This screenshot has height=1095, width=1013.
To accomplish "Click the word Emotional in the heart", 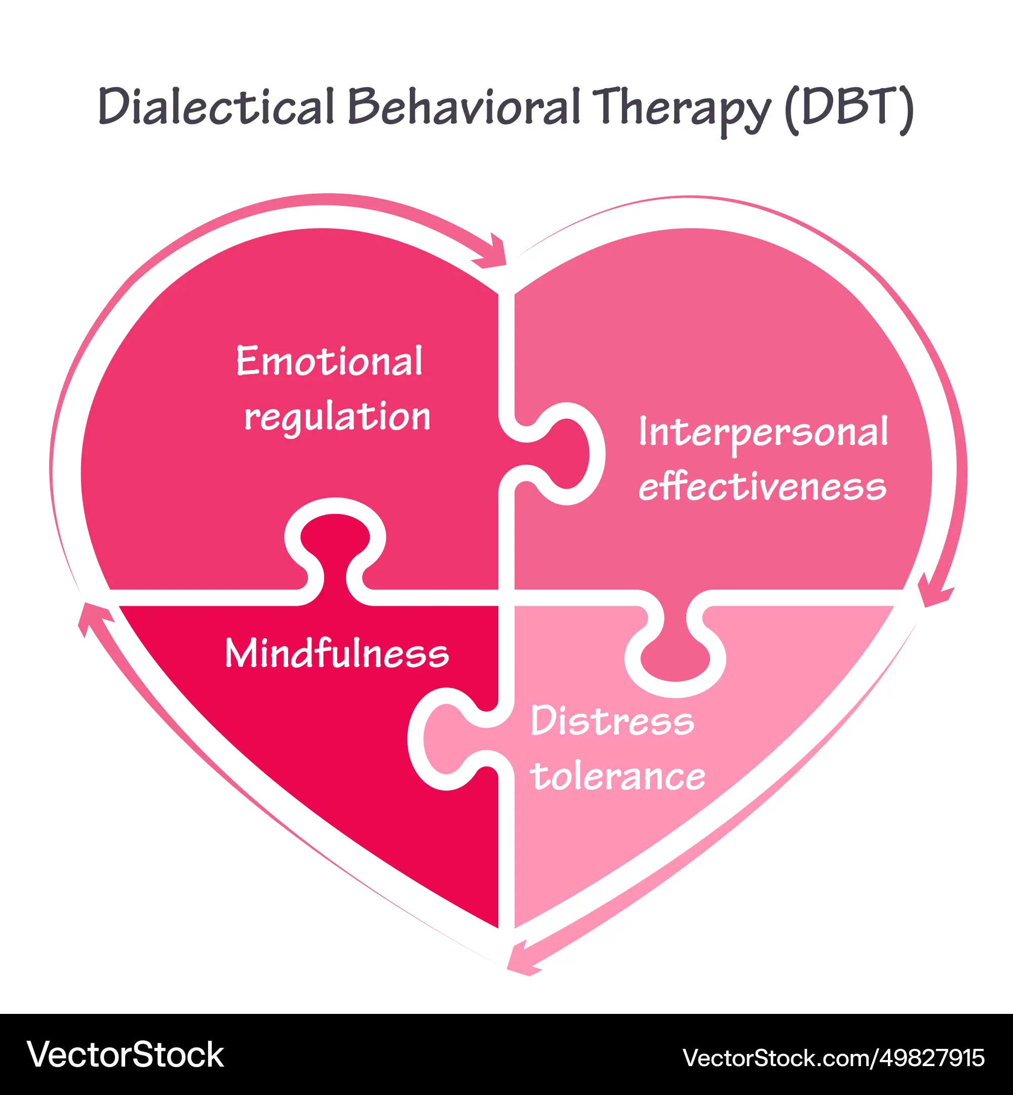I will [x=329, y=361].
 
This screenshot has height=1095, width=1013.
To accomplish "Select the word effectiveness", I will [x=762, y=487].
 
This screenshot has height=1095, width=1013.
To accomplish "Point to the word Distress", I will [x=612, y=721].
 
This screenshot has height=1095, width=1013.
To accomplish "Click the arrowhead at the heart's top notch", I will [x=494, y=254].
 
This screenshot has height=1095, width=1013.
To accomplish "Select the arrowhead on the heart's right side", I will [x=934, y=593].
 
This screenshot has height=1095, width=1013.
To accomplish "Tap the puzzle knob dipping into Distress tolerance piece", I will [x=675, y=655].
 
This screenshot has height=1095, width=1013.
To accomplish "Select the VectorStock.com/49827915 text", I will [x=833, y=1057].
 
